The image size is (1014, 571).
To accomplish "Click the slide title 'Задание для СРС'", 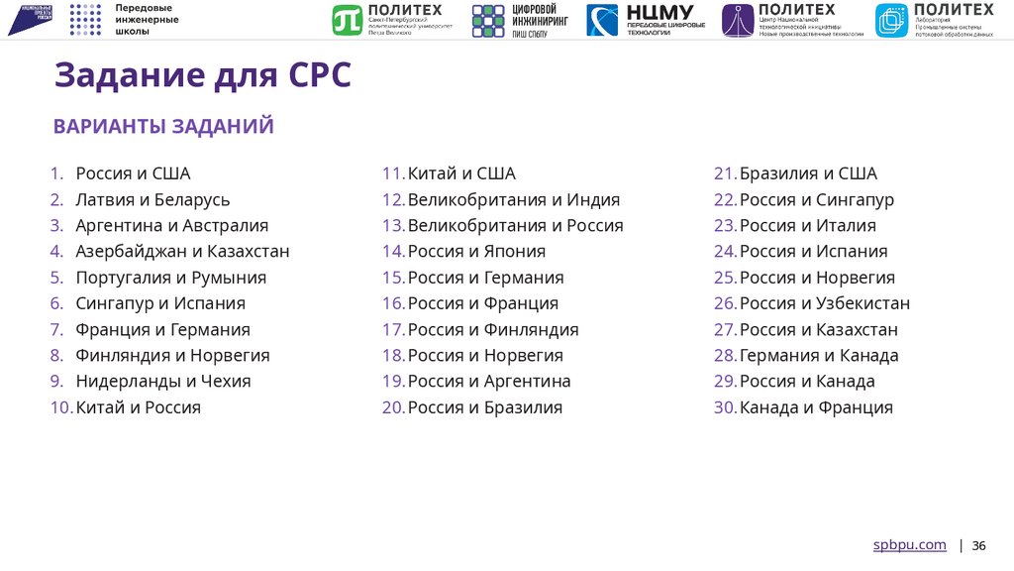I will [x=202, y=75].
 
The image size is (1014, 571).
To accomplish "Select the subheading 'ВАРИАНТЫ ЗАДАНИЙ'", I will [x=163, y=126].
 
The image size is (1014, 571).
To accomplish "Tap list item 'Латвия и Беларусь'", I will [x=152, y=200].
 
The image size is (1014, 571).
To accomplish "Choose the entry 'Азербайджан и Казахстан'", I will [x=182, y=252].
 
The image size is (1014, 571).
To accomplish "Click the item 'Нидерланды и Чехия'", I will [x=163, y=381].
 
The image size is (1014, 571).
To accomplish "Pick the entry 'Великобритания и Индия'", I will [x=514, y=200].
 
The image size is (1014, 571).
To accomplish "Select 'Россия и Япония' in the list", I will [x=476, y=252].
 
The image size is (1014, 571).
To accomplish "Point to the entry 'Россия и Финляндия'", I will [x=493, y=329].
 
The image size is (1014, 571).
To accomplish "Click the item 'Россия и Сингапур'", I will [x=817, y=200].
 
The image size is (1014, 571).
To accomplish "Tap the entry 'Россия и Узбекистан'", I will [x=825, y=303].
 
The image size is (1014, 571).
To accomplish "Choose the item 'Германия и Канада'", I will [x=819, y=355].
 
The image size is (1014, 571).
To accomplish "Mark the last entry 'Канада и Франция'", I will [x=816, y=407].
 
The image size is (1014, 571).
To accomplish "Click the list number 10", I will [x=60, y=407].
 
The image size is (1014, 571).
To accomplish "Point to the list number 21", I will [x=724, y=174].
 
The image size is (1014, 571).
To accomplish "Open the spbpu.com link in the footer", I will [x=909, y=545].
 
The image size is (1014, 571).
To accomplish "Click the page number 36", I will [x=978, y=546].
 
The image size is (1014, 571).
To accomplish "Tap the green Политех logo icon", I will [x=347, y=20].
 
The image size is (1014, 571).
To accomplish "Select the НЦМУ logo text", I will [x=659, y=13].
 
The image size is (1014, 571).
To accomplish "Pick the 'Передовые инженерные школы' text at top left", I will [x=147, y=20].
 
